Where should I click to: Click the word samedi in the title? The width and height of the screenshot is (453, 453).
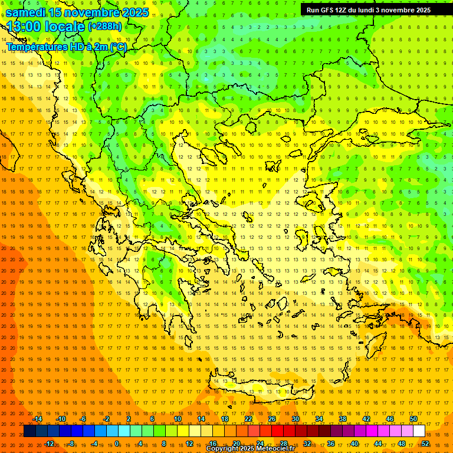[26, 12]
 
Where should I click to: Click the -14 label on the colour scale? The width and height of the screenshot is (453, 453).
[37, 419]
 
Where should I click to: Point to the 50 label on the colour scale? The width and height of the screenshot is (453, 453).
[413, 419]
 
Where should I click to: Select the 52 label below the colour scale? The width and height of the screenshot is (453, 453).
[425, 443]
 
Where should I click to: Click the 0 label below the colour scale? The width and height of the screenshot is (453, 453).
[117, 443]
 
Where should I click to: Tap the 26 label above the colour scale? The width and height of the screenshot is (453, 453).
[272, 419]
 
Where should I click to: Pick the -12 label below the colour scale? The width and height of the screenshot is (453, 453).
[49, 443]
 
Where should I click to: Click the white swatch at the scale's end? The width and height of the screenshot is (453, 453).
[419, 431]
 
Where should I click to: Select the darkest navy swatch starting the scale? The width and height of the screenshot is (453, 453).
[29, 431]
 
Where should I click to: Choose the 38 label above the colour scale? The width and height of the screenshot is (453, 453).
[343, 419]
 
